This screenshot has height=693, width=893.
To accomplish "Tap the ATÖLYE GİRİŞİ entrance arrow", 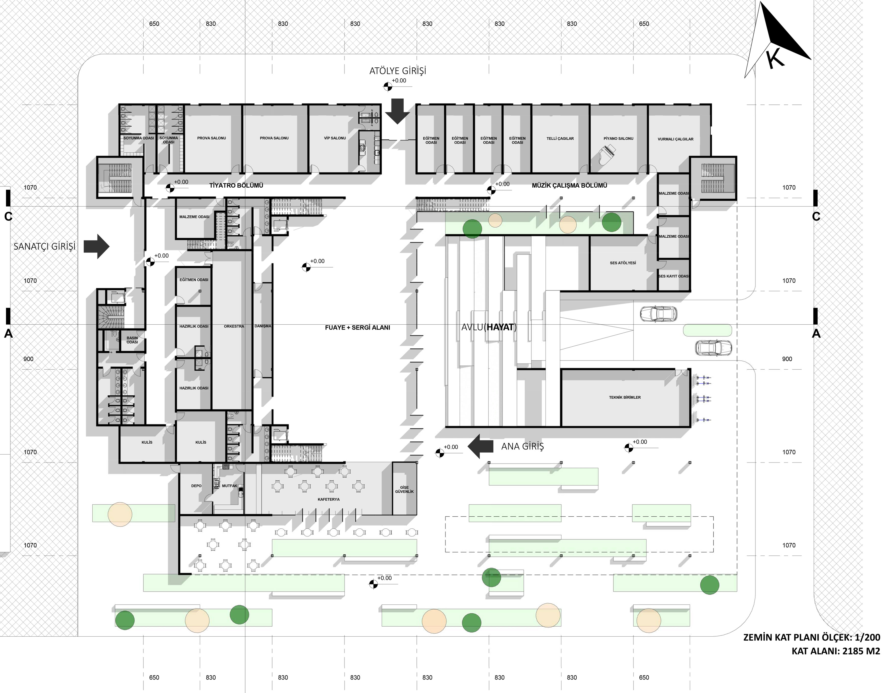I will (396, 111).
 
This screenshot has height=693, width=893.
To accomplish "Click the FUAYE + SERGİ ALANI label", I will (357, 328).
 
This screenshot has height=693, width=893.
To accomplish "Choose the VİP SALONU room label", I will (335, 138).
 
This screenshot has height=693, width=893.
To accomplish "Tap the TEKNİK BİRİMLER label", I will (625, 397).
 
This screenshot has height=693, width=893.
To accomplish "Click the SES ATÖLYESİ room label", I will (623, 263).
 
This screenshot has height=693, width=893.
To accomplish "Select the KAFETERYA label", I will (329, 500).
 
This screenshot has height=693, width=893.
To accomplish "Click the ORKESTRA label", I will (234, 326).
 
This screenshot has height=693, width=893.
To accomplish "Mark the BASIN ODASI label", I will (132, 340).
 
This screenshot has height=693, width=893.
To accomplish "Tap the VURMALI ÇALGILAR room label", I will (675, 139).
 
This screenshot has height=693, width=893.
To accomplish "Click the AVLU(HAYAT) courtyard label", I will (489, 327).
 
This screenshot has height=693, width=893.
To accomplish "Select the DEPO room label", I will (196, 486).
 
